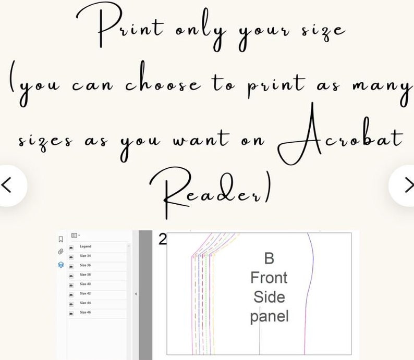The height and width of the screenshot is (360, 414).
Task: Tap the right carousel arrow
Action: (406, 184)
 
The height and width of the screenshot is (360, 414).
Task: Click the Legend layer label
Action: (86, 246)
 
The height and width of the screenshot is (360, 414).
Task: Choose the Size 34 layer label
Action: (86, 256)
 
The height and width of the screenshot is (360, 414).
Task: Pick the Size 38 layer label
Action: (86, 275)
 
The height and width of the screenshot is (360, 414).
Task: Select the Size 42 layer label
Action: (86, 293)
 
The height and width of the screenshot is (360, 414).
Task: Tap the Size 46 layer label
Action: (86, 312)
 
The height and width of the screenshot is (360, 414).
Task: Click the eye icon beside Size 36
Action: (71, 266)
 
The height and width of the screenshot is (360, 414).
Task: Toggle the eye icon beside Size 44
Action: (71, 303)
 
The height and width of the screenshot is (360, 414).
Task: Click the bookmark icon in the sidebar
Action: (61, 239)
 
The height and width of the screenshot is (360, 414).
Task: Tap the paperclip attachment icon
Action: (61, 252)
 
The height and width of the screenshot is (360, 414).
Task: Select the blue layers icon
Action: (61, 265)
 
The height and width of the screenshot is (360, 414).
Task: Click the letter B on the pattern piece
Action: (269, 258)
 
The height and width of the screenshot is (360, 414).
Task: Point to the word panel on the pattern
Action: (269, 316)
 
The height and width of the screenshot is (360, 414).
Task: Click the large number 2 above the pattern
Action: (162, 239)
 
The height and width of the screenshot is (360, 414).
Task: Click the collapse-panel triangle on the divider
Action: (136, 294)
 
